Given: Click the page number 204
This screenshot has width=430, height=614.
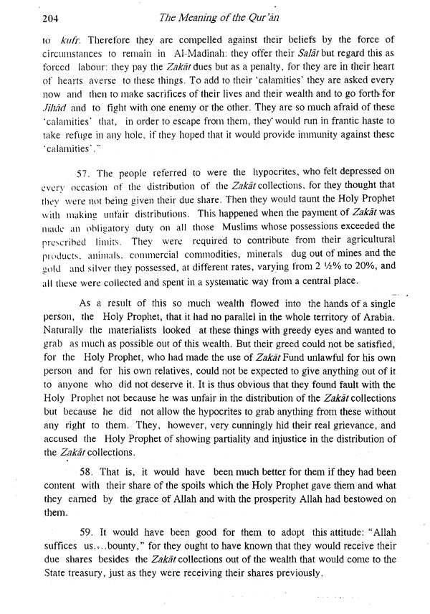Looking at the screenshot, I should (32, 17).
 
